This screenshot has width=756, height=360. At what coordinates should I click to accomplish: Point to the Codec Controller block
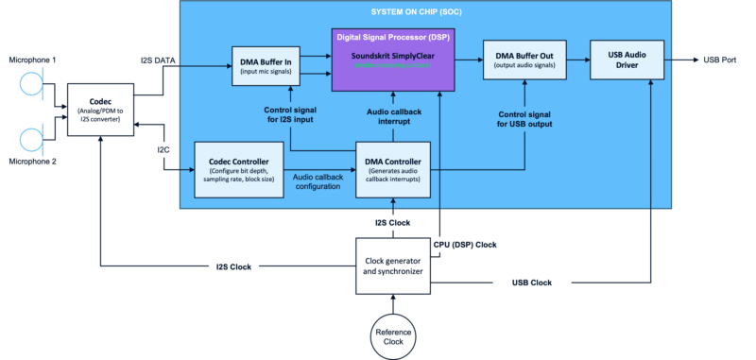click(x=238, y=168)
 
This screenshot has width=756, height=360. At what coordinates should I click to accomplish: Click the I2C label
click(x=162, y=149)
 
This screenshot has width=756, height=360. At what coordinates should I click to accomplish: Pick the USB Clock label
click(x=533, y=283)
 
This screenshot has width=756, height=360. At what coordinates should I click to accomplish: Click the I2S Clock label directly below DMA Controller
click(x=387, y=223)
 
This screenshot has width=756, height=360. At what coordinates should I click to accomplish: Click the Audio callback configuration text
click(x=318, y=182)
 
